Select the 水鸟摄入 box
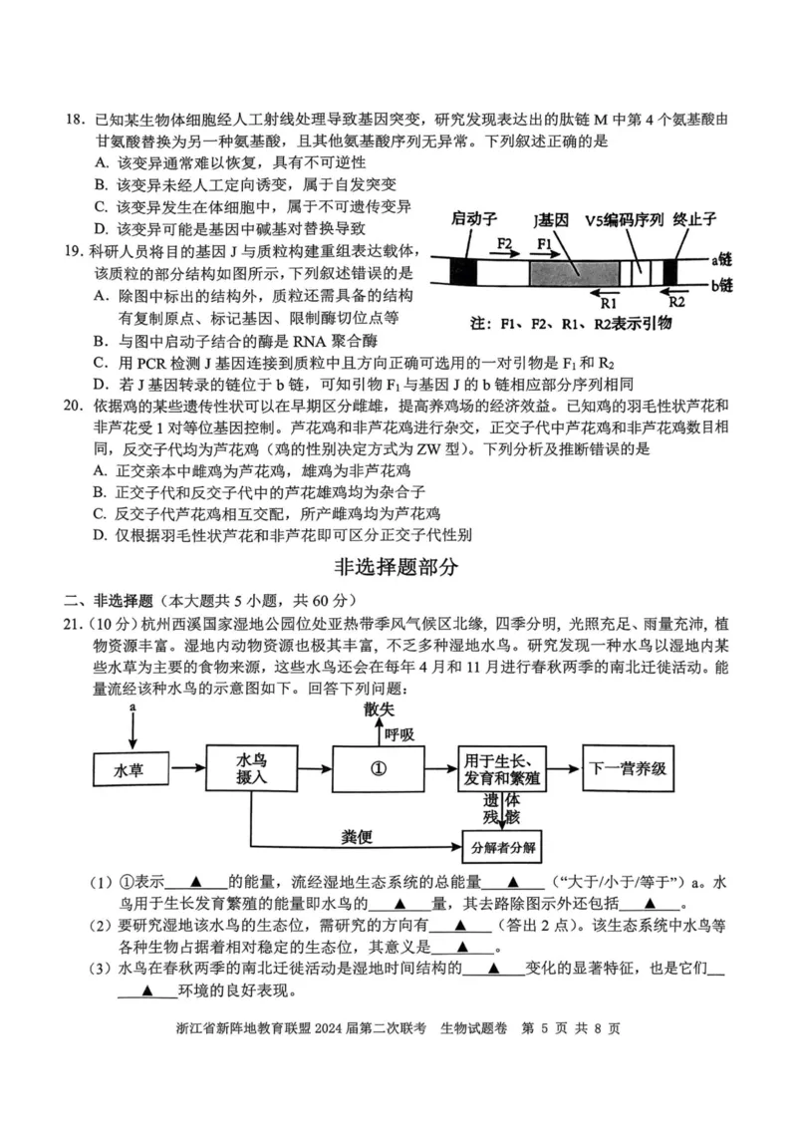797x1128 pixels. point(251,769)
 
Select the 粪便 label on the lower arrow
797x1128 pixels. point(356,835)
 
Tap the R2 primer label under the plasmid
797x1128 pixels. point(676,298)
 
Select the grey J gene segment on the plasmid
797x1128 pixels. point(571,270)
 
